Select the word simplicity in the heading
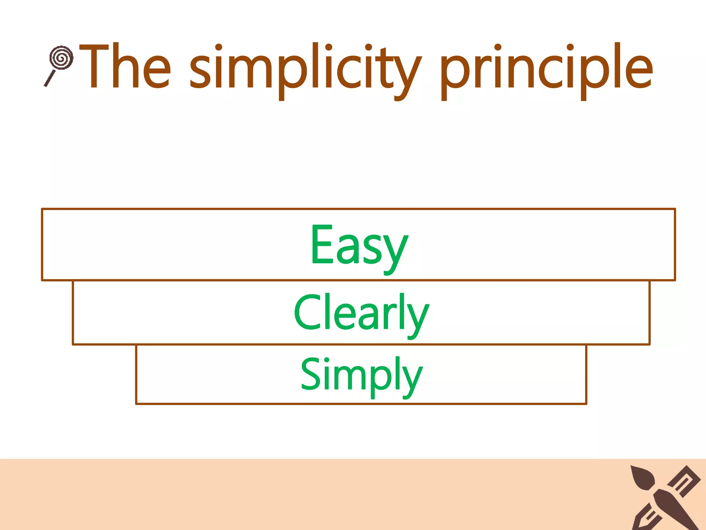(x=305, y=69)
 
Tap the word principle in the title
(x=546, y=69)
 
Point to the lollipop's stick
(x=50, y=78)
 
